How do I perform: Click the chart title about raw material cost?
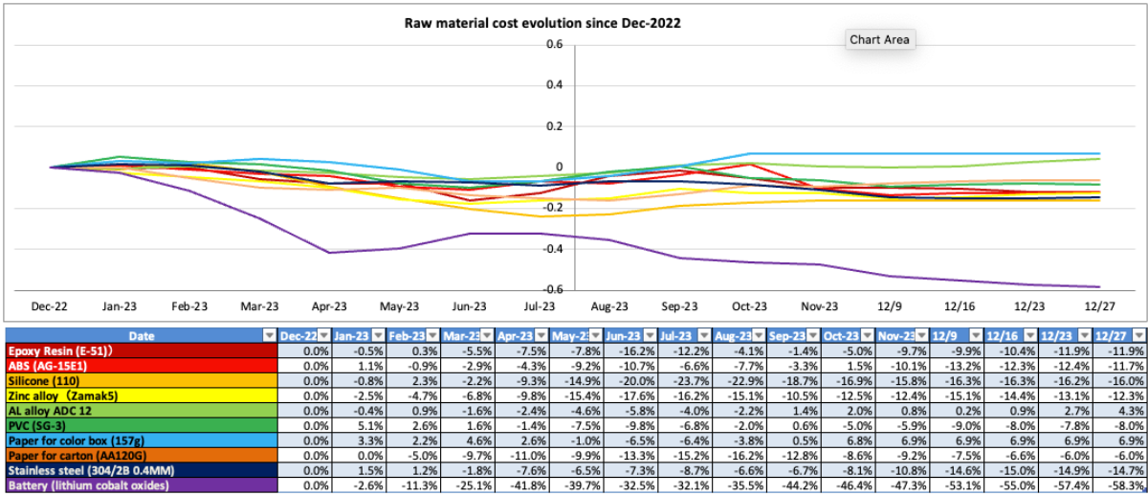click(x=542, y=23)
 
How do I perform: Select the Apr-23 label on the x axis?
click(x=329, y=307)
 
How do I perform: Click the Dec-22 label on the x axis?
click(x=50, y=307)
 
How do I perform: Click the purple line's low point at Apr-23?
click(x=329, y=253)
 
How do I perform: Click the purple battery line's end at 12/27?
click(x=1098, y=286)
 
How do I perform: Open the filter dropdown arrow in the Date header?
click(x=267, y=335)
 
